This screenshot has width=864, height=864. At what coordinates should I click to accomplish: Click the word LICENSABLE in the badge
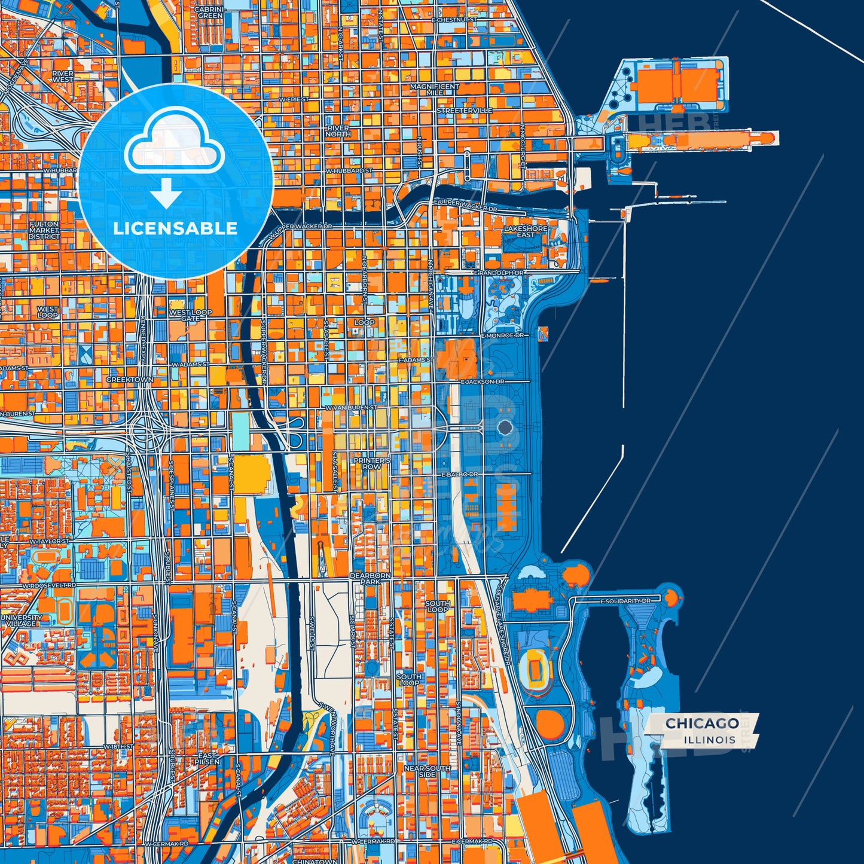(175, 228)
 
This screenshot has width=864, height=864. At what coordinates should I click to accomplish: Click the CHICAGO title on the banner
(702, 723)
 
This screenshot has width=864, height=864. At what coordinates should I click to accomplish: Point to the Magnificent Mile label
(435, 90)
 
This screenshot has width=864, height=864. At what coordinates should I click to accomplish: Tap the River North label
(338, 131)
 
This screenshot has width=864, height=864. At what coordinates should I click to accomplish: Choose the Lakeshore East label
(526, 231)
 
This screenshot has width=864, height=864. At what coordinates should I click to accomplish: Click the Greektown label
(129, 380)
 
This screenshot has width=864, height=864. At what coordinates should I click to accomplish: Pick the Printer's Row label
(371, 463)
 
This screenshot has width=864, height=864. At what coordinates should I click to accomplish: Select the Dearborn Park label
(370, 578)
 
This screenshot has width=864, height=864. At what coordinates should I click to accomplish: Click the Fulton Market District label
(44, 230)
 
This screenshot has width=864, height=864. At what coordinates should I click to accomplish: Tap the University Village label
(22, 620)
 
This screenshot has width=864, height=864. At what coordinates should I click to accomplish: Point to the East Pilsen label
(207, 759)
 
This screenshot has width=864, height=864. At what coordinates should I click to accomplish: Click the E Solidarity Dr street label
(625, 600)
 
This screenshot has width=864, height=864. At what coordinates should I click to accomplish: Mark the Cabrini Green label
(209, 13)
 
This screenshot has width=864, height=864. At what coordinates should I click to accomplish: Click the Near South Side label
(428, 771)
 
